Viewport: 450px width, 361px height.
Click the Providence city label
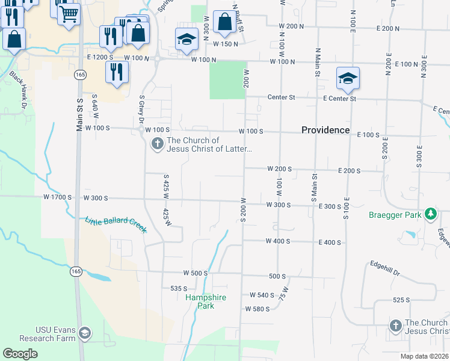325,130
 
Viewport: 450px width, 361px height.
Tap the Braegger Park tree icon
430,214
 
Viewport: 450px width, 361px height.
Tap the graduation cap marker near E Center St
348,78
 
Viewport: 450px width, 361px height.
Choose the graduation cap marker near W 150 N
186,40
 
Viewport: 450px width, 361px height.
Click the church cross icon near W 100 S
157,144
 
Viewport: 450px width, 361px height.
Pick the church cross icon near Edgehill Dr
395,326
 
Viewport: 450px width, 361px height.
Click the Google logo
20,353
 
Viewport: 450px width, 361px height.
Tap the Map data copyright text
424,356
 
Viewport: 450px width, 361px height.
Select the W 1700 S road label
57,197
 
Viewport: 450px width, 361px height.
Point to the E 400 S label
330,242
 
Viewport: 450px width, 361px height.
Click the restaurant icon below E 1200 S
116,71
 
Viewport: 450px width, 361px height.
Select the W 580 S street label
257,309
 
